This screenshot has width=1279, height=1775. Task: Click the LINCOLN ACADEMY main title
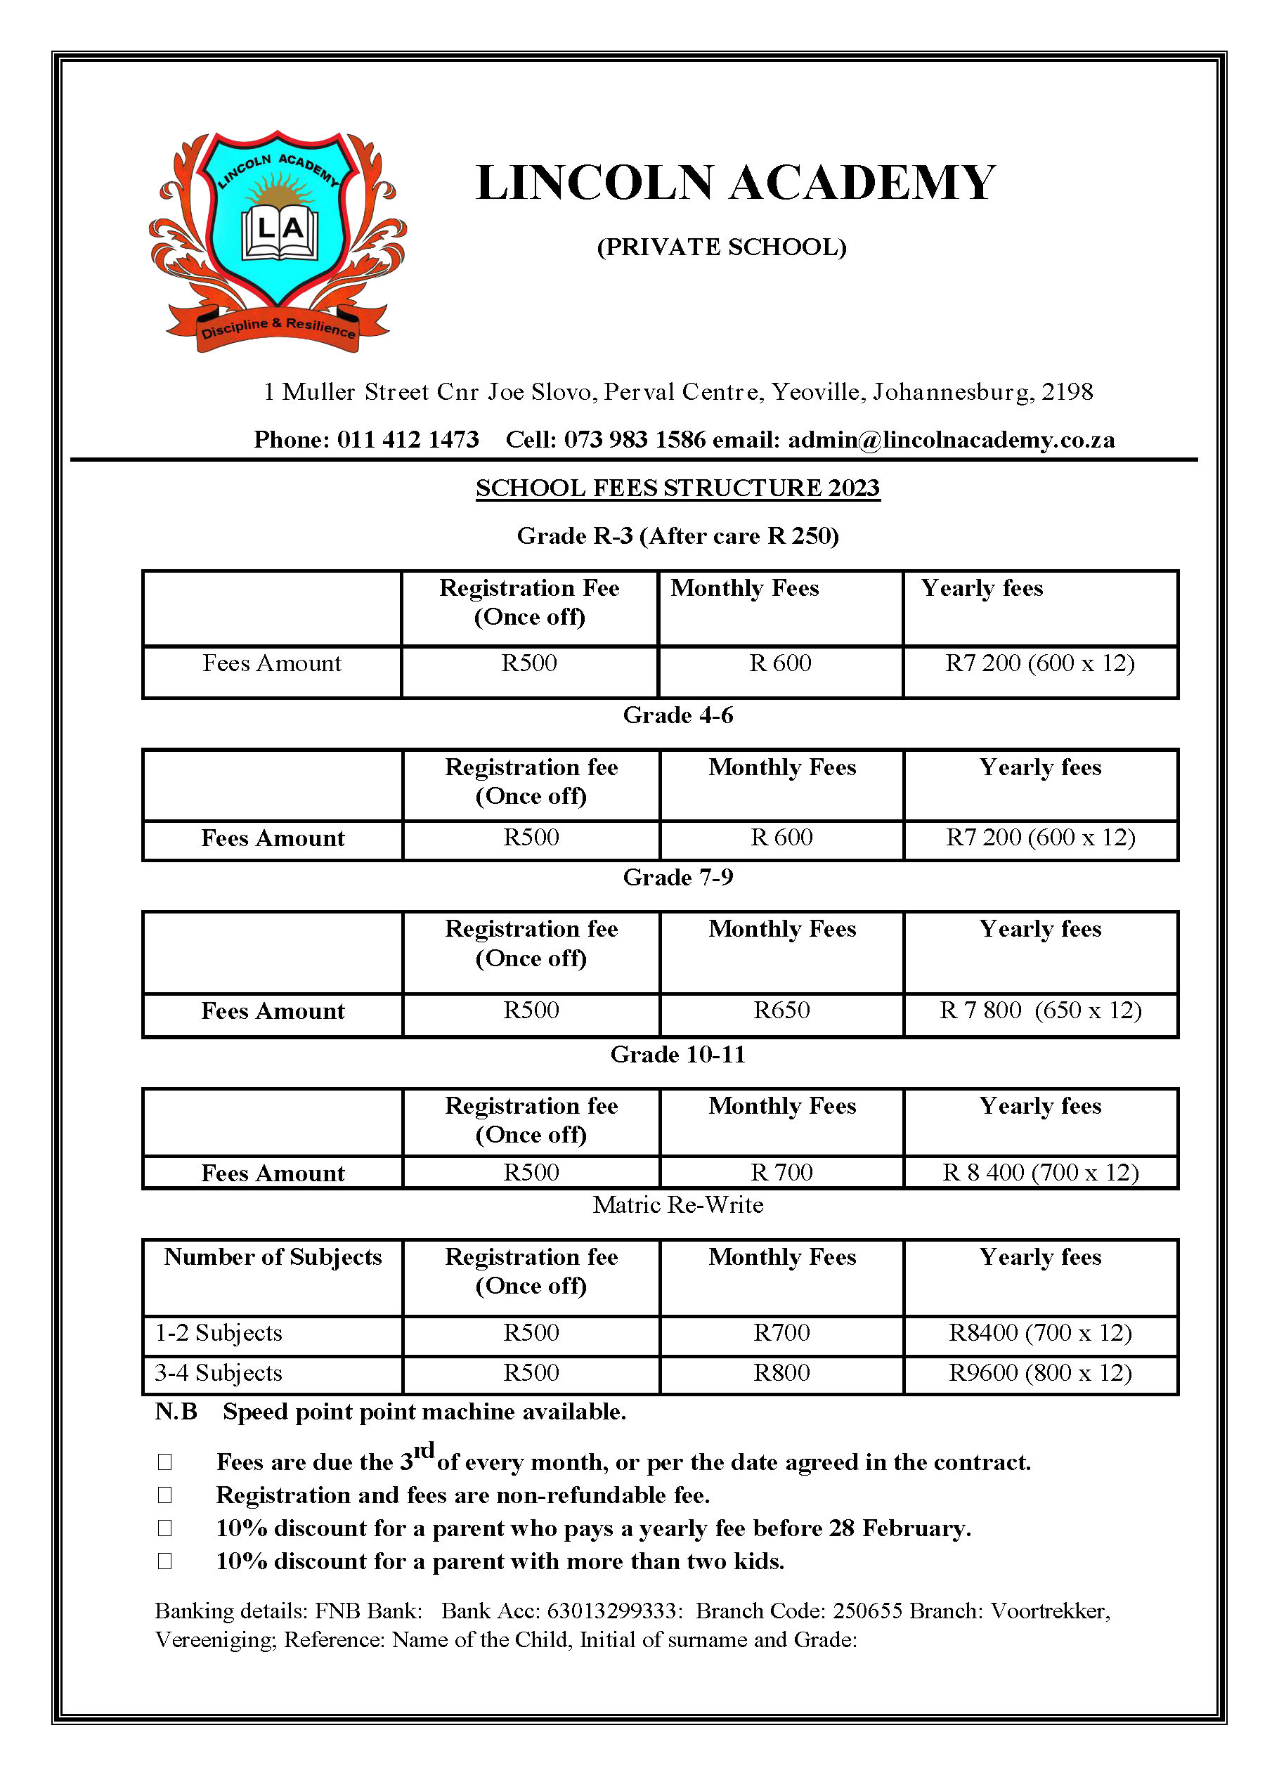coord(735,183)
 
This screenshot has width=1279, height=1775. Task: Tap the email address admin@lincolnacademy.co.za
coord(951,440)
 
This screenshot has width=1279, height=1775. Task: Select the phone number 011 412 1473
coord(408,440)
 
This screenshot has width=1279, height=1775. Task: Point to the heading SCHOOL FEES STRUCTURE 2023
coord(678,488)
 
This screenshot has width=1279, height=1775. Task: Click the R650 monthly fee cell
coord(781,1010)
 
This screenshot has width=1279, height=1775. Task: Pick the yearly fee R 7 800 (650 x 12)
coord(1040,1010)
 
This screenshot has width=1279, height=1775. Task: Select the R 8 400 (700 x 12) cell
coord(1040,1172)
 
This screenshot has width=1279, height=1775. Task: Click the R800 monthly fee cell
coord(781,1373)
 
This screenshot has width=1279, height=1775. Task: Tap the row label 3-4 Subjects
coord(219,1373)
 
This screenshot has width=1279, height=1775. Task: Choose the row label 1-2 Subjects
coord(219,1333)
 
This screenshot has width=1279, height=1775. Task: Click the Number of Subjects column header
coord(273,1257)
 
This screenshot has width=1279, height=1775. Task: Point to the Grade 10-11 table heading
coord(678,1054)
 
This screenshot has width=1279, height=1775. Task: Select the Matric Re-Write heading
coord(678,1204)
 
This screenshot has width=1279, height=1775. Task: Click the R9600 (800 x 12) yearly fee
coord(1040,1373)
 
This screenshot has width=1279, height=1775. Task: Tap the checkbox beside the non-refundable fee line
coord(164,1495)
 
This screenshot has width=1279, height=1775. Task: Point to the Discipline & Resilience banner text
coord(278,327)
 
